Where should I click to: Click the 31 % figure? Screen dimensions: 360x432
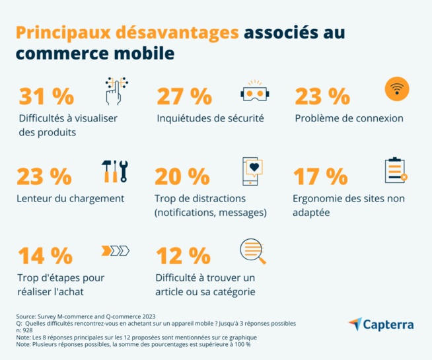pos(46,96)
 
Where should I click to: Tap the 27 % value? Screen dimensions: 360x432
pos(183,96)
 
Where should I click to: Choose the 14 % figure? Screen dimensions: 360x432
pos(45,256)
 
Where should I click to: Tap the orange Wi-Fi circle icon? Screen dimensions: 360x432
pos(396,88)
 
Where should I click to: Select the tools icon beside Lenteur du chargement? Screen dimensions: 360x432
pos(115,171)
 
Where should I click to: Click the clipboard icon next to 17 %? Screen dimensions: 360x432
pos(395,170)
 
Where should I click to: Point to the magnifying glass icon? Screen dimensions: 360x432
pos(254,251)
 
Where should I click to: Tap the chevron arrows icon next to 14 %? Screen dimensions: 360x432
pos(115,250)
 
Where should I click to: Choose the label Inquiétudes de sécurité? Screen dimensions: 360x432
pos(210,119)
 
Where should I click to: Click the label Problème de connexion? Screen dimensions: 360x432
pos(349,119)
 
